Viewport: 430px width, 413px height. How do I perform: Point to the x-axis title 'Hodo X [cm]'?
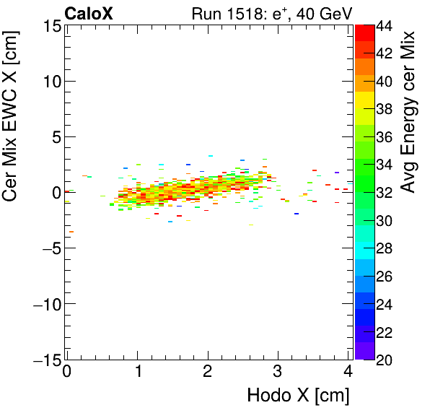tap(298, 396)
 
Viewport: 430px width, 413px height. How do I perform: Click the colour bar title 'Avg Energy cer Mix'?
tap(409, 111)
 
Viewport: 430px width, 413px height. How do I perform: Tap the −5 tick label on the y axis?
tap(47, 248)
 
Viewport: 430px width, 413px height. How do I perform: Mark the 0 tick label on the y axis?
tap(54, 192)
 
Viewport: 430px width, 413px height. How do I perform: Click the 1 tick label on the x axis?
tap(137, 373)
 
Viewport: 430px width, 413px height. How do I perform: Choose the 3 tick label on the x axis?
tap(278, 373)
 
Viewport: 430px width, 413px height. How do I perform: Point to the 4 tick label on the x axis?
tap(348, 373)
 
